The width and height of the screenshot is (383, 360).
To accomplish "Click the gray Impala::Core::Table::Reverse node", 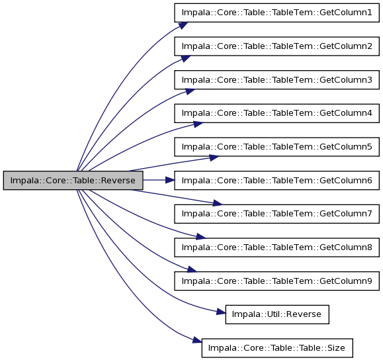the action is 73,181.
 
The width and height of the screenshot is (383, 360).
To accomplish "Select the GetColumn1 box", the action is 277,13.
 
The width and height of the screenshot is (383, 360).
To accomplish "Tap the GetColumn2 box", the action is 277,46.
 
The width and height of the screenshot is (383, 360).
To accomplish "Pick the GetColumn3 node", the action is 277,80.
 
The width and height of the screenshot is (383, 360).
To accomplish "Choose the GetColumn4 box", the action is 277,113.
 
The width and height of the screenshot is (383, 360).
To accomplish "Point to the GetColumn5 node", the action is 277,147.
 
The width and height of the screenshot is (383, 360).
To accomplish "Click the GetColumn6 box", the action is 277,181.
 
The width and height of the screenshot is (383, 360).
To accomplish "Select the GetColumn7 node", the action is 277,214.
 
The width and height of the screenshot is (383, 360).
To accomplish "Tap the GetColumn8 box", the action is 277,247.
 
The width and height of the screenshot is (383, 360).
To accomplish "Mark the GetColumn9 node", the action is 277,281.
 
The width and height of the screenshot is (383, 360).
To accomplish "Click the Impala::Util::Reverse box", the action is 277,314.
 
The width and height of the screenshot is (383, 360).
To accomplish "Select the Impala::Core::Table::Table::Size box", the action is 277,348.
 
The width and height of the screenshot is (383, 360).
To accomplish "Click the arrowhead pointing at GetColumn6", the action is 170,181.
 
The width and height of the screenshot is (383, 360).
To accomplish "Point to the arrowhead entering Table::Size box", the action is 197,340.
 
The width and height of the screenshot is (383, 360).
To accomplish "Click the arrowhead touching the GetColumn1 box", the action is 183,25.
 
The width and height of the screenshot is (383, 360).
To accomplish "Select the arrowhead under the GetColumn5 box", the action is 214,157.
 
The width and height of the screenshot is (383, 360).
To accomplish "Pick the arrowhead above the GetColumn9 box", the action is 192,269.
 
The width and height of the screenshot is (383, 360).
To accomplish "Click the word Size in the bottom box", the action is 336,348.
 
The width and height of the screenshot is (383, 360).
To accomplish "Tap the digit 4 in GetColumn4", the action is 369,113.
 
